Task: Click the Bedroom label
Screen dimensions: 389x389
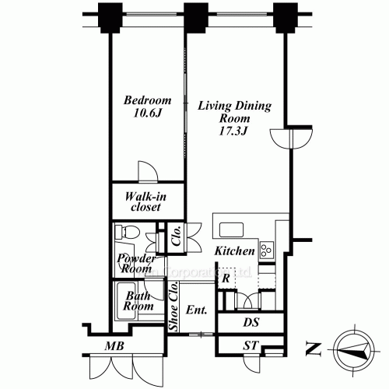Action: (x=148, y=101)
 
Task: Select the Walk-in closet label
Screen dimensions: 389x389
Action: (x=144, y=202)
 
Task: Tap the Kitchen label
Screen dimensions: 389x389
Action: (x=234, y=251)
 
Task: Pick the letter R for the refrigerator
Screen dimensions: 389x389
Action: (x=225, y=278)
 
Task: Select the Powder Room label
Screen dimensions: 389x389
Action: (x=134, y=263)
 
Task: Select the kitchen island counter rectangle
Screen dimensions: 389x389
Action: (x=233, y=230)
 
